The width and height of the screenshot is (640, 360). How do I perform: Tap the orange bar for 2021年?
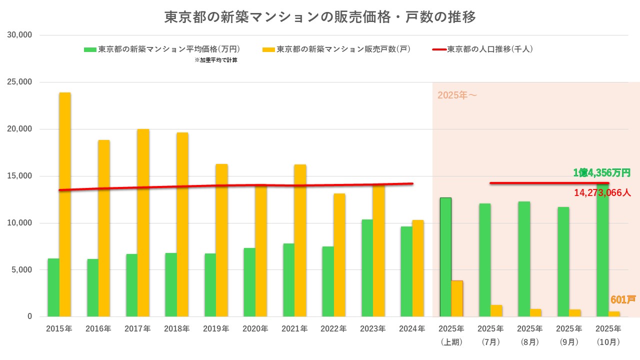(300, 240)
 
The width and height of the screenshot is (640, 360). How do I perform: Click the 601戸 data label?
(622, 300)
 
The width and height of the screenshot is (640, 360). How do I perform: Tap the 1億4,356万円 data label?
(601, 173)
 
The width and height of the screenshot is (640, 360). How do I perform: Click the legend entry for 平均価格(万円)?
(162, 49)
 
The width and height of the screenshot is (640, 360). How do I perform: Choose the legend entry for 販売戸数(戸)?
(336, 49)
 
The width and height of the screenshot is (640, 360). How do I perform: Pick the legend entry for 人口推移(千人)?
(483, 49)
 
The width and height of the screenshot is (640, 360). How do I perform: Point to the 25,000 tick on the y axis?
(21, 82)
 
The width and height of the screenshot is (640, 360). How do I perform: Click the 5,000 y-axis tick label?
(23, 270)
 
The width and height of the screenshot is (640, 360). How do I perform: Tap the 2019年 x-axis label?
(216, 329)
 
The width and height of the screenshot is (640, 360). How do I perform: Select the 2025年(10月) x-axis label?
(608, 335)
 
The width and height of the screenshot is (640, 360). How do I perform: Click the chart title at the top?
(320, 17)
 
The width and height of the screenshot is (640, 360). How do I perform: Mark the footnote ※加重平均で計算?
(215, 60)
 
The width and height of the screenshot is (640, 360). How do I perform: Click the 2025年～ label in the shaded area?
(457, 95)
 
